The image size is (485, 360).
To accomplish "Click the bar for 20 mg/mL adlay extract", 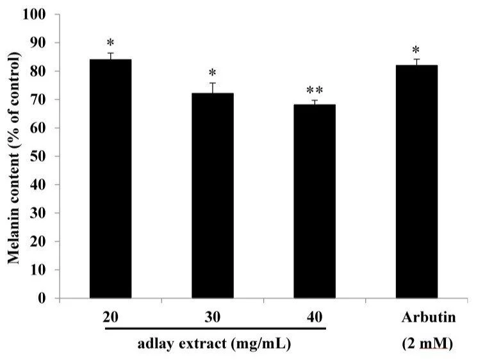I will [x=110, y=179].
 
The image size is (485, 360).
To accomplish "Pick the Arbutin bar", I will [x=416, y=182].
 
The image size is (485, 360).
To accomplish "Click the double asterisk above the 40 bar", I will [x=314, y=90].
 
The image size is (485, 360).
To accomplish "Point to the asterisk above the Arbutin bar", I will [x=416, y=50].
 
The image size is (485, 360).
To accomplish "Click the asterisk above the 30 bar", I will [x=212, y=73].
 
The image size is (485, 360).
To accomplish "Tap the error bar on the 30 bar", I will [x=212, y=88].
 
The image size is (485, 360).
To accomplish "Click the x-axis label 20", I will [x=110, y=317].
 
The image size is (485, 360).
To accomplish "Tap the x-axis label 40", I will [x=314, y=317].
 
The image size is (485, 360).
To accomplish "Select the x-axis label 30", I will [x=212, y=317].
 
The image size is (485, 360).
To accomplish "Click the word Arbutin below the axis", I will [x=427, y=317].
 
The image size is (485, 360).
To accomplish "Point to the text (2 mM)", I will [x=427, y=344].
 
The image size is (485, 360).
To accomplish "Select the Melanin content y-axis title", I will [x=13, y=156].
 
